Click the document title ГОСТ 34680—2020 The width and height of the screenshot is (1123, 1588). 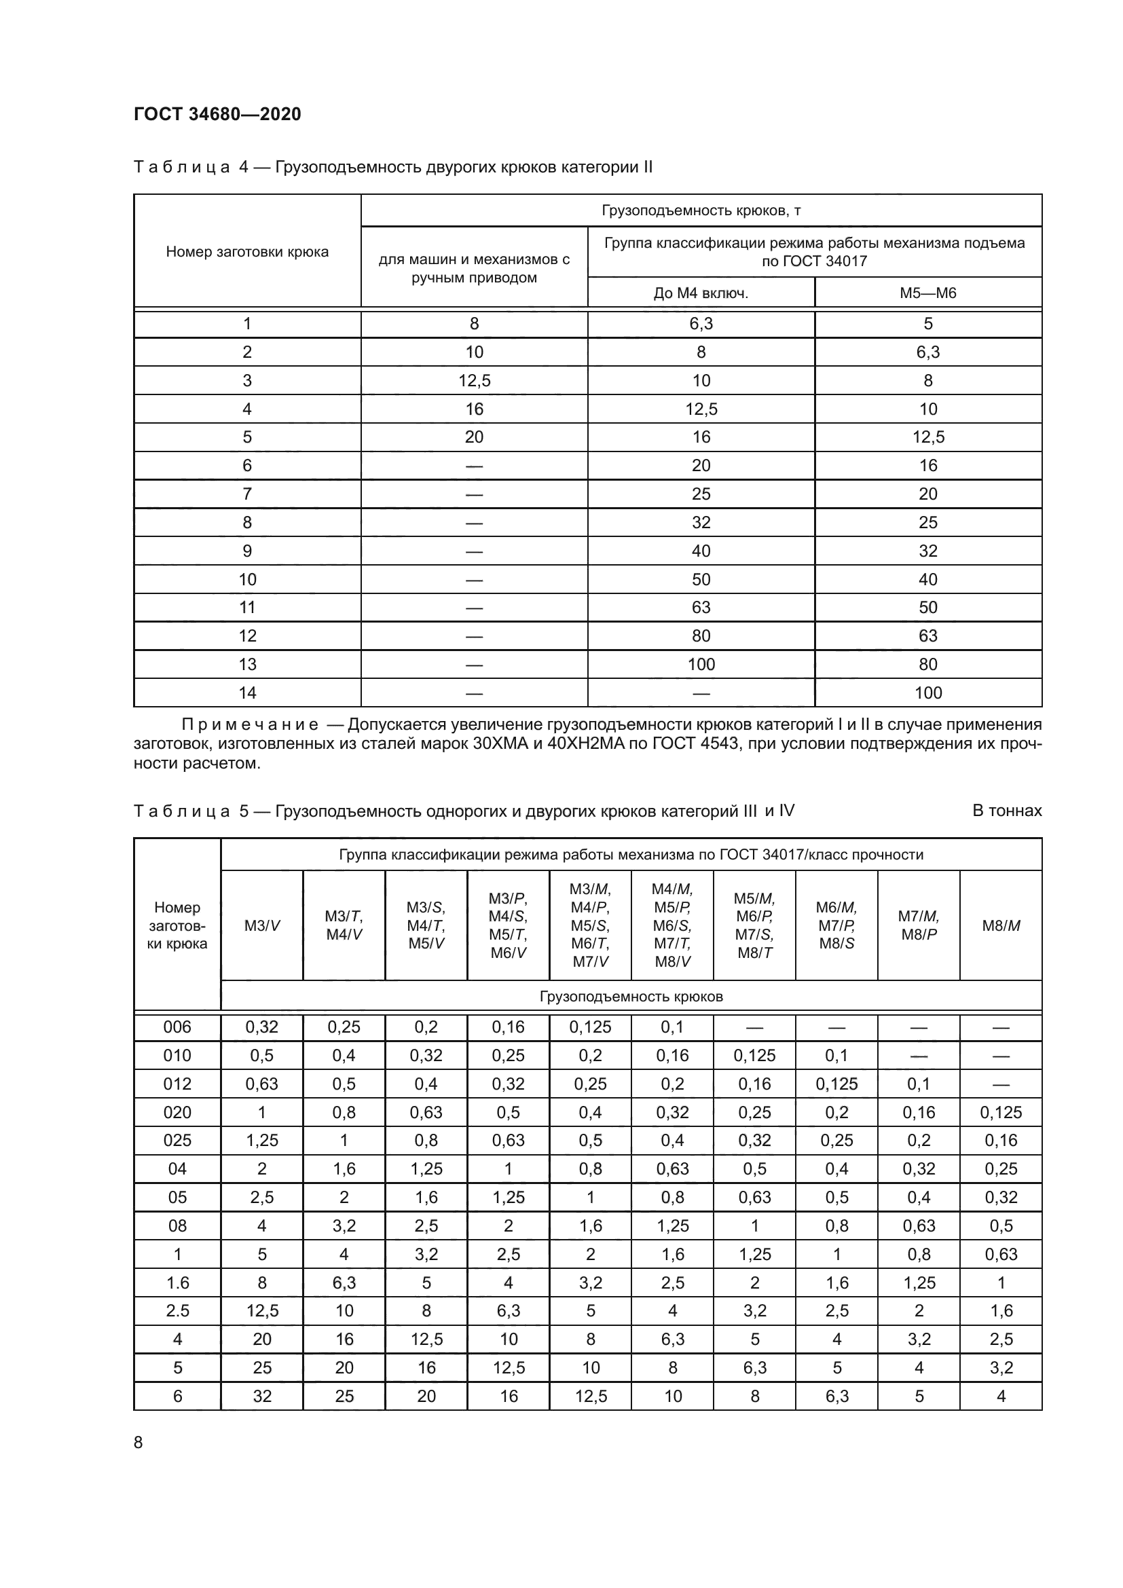[217, 114]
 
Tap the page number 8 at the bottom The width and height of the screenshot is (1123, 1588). [139, 1442]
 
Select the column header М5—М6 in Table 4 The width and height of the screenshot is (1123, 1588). [928, 293]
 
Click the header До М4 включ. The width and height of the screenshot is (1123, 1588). [701, 293]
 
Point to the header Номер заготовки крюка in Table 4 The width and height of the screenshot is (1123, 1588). [247, 252]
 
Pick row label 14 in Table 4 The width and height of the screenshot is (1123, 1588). [247, 693]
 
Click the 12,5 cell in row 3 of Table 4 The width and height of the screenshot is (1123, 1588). [474, 380]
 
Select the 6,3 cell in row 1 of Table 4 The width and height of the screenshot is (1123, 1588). [701, 324]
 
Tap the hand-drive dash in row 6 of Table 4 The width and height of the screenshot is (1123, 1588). [474, 466]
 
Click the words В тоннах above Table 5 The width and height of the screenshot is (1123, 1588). [1006, 811]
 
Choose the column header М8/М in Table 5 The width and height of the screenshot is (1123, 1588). [1001, 925]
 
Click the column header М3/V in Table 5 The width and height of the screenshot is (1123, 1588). [262, 925]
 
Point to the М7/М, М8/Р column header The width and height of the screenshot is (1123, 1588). [919, 925]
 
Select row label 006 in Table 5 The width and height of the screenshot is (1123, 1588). [177, 1027]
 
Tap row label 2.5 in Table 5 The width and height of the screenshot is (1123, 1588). [177, 1310]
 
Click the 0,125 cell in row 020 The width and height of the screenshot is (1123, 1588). [1001, 1112]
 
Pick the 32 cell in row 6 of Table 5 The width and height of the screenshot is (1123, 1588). [262, 1396]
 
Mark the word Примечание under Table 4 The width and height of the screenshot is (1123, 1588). [250, 725]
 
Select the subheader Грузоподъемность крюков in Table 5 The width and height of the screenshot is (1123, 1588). [631, 997]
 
